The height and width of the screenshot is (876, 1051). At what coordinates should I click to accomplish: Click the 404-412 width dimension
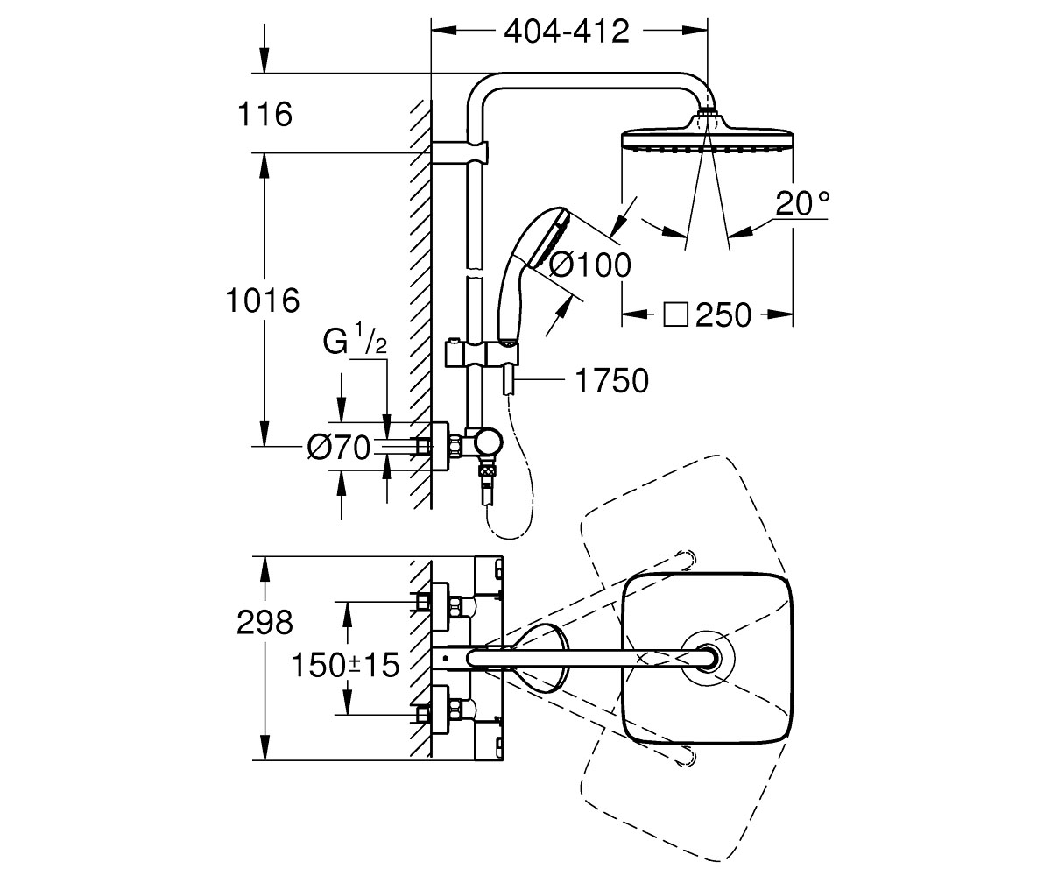567,32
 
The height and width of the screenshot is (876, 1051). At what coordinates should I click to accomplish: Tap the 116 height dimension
265,114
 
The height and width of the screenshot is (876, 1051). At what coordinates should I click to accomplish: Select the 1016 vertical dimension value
263,300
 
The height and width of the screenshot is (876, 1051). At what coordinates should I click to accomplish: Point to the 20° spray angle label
802,203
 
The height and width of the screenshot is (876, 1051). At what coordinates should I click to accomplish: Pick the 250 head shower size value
723,315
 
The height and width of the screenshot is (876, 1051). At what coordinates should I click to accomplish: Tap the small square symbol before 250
675,314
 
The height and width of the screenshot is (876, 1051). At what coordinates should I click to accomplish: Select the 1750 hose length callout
611,380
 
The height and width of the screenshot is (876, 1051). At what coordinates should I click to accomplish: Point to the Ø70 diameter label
339,447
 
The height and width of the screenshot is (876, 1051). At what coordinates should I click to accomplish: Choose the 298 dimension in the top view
265,622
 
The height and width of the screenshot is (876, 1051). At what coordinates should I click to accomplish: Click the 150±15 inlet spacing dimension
345,665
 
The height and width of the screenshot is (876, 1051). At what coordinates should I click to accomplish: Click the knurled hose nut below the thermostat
488,473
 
